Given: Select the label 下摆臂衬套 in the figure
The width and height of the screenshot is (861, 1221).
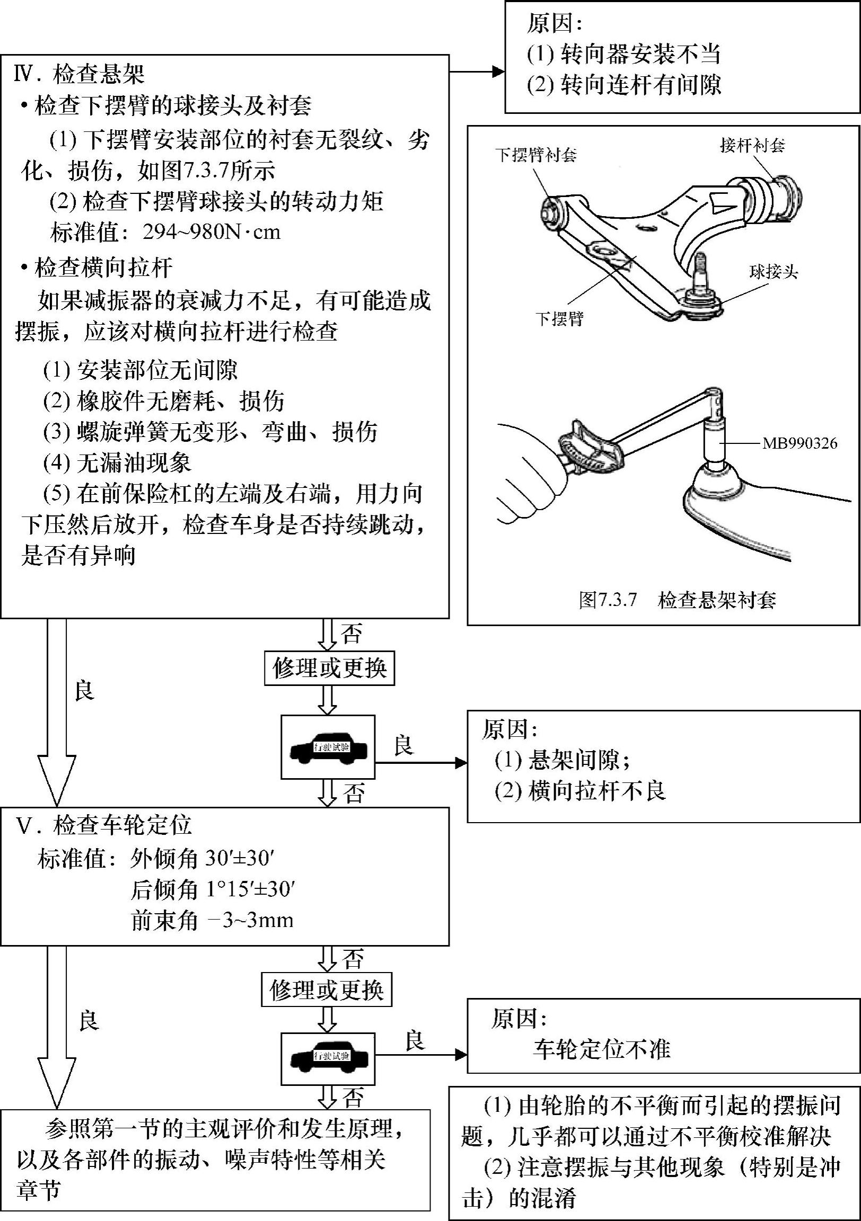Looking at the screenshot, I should (536, 155).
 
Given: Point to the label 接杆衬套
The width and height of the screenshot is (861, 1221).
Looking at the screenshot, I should (752, 145).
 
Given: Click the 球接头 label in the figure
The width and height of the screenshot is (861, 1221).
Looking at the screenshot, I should (774, 272).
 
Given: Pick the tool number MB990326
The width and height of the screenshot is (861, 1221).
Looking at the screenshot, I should (799, 443).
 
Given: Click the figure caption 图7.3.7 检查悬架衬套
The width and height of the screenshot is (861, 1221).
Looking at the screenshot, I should (678, 600).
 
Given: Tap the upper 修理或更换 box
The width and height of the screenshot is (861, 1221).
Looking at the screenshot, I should (329, 669).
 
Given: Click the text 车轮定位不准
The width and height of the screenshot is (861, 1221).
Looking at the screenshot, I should (601, 1049).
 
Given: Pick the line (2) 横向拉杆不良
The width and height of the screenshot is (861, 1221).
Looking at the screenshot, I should (580, 791).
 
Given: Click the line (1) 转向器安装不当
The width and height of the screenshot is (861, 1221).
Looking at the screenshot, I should (623, 53).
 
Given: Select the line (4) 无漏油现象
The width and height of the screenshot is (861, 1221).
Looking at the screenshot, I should (117, 463).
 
